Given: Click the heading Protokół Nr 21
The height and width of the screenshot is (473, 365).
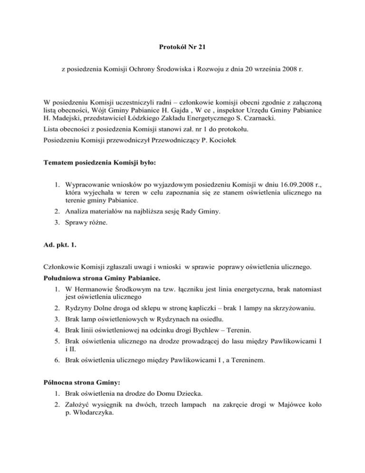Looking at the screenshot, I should click(x=182, y=48).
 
